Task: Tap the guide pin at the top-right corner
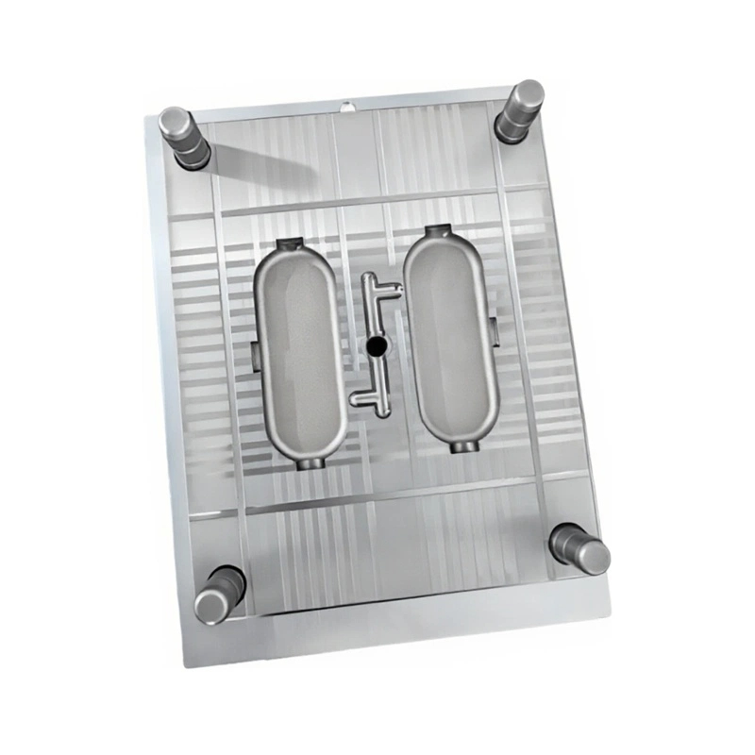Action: tap(519, 110)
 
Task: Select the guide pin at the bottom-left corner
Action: tap(219, 593)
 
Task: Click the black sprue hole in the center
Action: tap(377, 347)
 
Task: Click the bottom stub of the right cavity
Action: tap(462, 444)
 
